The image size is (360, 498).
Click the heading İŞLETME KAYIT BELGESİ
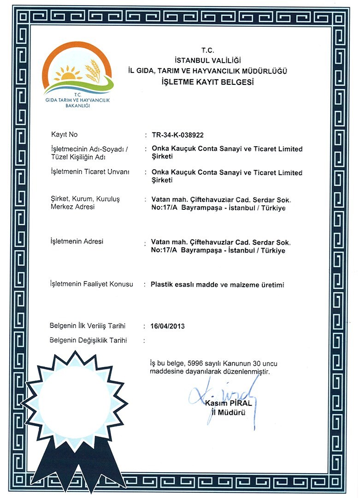point(207,82)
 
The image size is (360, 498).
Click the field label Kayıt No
point(64,135)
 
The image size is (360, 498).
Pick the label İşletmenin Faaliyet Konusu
point(91,284)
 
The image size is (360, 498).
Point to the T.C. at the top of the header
point(207,50)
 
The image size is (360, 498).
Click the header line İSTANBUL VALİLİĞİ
point(207,60)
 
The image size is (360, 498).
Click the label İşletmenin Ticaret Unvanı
point(89,172)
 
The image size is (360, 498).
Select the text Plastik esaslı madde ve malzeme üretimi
point(218,285)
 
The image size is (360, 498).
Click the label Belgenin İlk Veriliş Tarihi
point(87,326)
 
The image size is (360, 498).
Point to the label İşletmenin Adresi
point(77,242)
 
